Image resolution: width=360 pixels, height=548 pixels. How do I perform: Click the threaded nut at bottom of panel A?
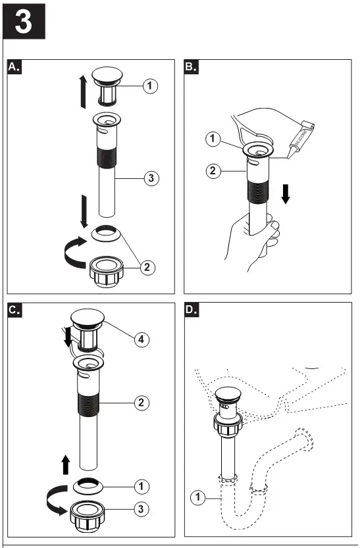pos(107,269)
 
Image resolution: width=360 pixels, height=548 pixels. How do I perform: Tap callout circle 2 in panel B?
pos(212,172)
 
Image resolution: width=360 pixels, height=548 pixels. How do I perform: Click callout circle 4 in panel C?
pos(140,339)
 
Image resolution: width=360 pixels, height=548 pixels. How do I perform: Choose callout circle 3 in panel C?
pos(140,509)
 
